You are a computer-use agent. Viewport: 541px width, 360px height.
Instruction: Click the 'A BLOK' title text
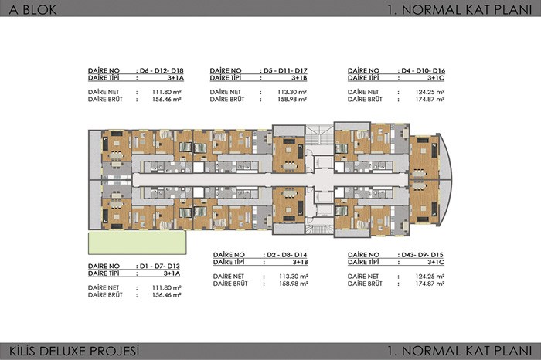coord(32,9)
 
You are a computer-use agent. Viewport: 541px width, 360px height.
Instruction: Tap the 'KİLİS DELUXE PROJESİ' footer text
coord(74,351)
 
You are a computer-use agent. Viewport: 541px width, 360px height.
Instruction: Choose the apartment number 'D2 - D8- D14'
coord(287,255)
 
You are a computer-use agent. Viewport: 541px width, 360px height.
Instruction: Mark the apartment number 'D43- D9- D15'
coord(422,255)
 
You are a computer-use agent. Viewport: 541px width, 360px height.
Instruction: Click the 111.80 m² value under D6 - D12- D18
coord(167,92)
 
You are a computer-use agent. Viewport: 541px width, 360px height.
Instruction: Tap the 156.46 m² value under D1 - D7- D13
coord(167,295)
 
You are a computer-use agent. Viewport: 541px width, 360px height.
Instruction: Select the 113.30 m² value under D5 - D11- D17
coord(292,92)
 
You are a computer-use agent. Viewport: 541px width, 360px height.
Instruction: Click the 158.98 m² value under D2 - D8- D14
coord(294,284)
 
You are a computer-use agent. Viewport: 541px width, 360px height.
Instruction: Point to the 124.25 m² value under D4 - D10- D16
coord(430,92)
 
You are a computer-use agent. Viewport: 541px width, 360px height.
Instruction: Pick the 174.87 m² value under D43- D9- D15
coord(430,284)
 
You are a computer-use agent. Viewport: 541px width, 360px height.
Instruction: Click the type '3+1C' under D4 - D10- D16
coord(436,78)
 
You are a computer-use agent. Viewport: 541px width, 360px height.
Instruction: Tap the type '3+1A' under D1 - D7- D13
coord(172,273)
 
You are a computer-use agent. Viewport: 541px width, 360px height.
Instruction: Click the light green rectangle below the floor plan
coord(138,243)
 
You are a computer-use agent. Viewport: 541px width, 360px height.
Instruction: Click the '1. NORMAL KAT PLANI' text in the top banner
coord(460,9)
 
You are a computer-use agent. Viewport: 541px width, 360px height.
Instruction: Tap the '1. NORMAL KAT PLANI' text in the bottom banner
coord(460,351)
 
